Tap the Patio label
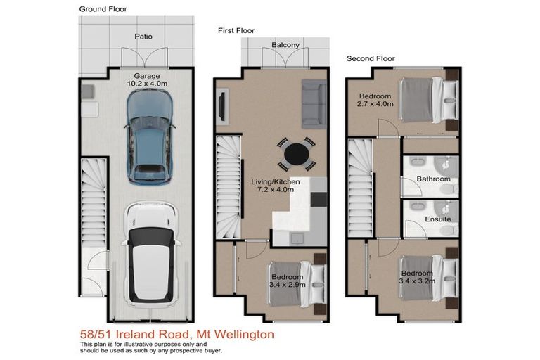(x=143, y=37)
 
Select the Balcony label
(x=285, y=46)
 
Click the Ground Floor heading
(x=103, y=9)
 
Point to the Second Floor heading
(x=371, y=59)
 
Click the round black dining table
(x=295, y=153)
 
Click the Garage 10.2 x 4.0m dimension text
(x=143, y=79)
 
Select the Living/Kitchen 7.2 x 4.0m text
(x=276, y=186)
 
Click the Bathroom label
(x=433, y=179)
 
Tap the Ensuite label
(x=438, y=219)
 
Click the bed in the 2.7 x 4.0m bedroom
(x=421, y=100)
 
